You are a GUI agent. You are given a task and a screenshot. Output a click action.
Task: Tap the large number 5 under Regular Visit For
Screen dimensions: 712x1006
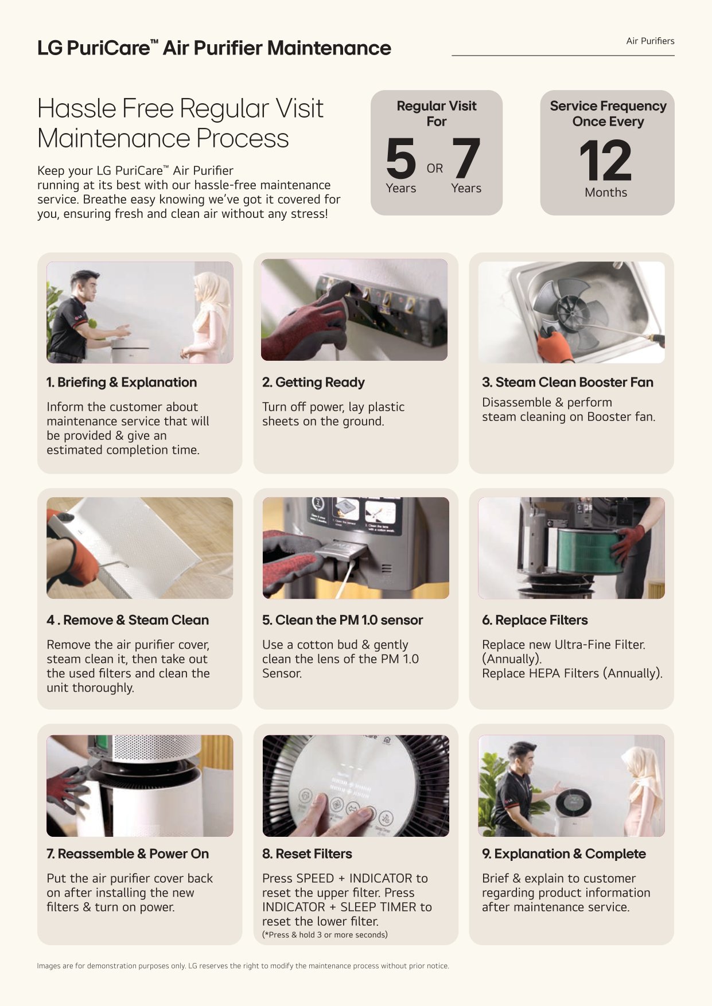pos(400,158)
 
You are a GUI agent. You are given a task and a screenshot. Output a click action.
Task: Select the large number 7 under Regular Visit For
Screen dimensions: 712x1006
pos(466,158)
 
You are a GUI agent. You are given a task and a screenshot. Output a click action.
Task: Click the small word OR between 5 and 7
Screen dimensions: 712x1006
pos(435,168)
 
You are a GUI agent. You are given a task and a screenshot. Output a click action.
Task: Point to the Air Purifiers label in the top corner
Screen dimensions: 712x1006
pos(650,41)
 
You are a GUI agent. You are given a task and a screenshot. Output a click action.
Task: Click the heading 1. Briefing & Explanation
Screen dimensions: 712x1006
pos(122,382)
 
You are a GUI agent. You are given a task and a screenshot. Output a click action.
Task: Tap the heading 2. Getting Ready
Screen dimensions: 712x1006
pos(313,382)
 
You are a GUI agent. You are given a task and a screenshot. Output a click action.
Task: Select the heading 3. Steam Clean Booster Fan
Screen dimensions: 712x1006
pos(567,382)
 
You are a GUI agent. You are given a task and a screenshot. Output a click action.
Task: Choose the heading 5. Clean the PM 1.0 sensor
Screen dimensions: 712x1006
pos(343,620)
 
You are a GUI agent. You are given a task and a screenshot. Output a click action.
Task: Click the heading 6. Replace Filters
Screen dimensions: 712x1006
pos(535,620)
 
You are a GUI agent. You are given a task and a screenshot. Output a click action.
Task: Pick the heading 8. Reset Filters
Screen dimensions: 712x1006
pos(307,853)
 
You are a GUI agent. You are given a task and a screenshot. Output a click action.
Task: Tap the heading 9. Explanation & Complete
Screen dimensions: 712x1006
pos(564,853)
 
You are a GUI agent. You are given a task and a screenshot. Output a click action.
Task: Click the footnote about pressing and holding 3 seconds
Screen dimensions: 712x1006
pos(325,934)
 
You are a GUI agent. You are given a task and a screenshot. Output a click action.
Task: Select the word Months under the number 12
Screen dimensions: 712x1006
pos(606,193)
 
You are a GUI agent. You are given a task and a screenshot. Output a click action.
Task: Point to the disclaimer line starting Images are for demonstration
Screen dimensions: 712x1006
pos(243,966)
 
